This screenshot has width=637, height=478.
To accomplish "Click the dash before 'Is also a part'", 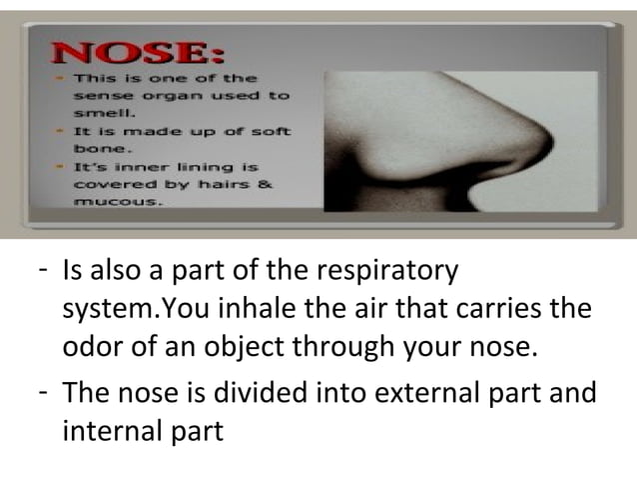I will (x=42, y=271).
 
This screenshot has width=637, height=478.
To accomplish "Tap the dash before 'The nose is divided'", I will (x=42, y=392).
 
